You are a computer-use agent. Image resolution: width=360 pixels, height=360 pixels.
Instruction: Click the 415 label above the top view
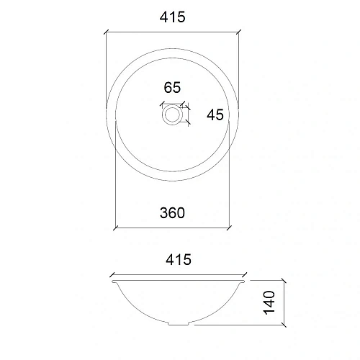click(174, 18)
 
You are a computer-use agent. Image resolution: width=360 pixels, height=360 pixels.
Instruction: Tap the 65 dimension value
click(172, 88)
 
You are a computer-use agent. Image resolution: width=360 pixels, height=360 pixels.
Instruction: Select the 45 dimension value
click(215, 114)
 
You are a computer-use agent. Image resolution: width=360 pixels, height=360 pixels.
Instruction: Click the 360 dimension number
click(173, 212)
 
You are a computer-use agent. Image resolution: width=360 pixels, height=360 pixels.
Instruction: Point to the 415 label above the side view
click(178, 260)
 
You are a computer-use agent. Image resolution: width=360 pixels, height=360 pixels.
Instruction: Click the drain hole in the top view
click(173, 114)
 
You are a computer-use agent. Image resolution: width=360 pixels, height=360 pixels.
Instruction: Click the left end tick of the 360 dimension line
click(116, 228)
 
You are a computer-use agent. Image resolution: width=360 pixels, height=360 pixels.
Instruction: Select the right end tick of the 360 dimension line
click(230, 228)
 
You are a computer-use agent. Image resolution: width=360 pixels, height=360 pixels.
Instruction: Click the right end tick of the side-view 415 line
click(247, 274)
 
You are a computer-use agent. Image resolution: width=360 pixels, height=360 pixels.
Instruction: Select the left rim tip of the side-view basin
click(112, 282)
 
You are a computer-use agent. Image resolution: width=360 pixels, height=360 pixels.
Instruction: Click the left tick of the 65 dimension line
click(162, 104)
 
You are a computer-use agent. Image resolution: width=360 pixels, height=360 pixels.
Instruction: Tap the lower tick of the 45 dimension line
click(189, 123)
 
